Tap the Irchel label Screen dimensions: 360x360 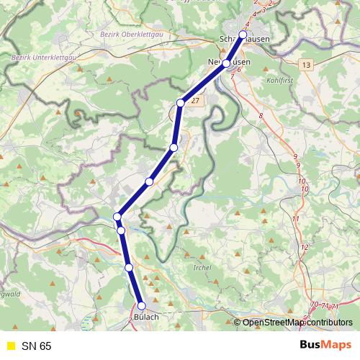point(203,269)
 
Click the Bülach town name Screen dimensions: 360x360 point(145,317)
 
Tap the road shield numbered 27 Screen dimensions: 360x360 point(194,102)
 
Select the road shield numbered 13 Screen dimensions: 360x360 point(307,65)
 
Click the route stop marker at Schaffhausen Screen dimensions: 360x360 point(243,35)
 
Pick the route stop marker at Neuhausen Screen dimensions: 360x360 point(226,64)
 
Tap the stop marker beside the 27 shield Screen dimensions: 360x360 point(181,103)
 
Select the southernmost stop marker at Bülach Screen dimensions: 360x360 point(142,306)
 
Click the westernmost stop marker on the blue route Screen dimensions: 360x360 point(117,216)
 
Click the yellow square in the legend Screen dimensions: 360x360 point(9,346)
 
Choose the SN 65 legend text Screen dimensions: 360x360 point(37,346)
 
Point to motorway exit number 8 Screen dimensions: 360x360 point(261,115)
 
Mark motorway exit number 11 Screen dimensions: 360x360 point(295,218)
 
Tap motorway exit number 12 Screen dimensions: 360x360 point(304,247)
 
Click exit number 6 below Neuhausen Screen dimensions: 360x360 point(238,79)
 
